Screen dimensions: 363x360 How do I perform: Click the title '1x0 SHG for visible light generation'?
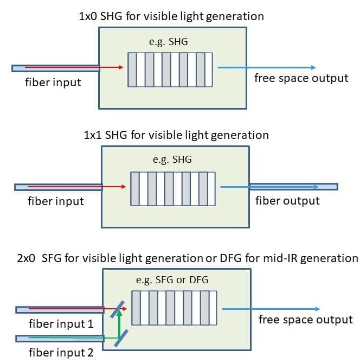coord(171,16)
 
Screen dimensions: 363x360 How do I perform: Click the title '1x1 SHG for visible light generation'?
coord(176,135)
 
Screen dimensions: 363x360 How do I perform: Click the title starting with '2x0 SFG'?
coord(179,257)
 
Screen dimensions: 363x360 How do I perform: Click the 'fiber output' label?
coord(287,201)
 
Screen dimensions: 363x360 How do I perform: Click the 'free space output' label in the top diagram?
coord(301,78)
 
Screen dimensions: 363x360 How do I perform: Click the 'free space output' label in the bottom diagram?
coord(305,319)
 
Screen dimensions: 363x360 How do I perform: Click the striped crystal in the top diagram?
coord(171,69)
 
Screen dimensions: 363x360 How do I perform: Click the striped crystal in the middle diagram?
coord(173,188)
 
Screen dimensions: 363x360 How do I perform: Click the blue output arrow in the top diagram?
coord(266,68)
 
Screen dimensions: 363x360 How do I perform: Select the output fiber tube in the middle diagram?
coord(293,187)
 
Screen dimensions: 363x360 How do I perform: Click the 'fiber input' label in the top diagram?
coord(53,83)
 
